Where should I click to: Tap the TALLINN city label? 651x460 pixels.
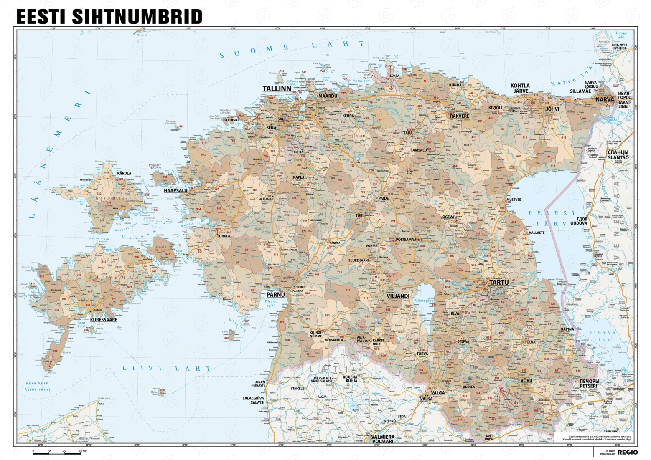click(276, 89)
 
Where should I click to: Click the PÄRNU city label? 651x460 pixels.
click(275, 295)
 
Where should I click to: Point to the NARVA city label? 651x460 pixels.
click(605, 100)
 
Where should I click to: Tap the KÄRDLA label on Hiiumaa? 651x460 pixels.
click(124, 173)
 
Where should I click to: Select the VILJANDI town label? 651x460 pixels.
click(397, 296)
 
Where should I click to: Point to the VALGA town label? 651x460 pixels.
click(438, 393)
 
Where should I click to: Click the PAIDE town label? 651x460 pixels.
click(383, 198)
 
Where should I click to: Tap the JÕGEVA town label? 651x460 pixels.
click(448, 217)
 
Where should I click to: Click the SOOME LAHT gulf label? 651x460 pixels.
click(292, 48)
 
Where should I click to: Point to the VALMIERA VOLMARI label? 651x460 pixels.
click(382, 439)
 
